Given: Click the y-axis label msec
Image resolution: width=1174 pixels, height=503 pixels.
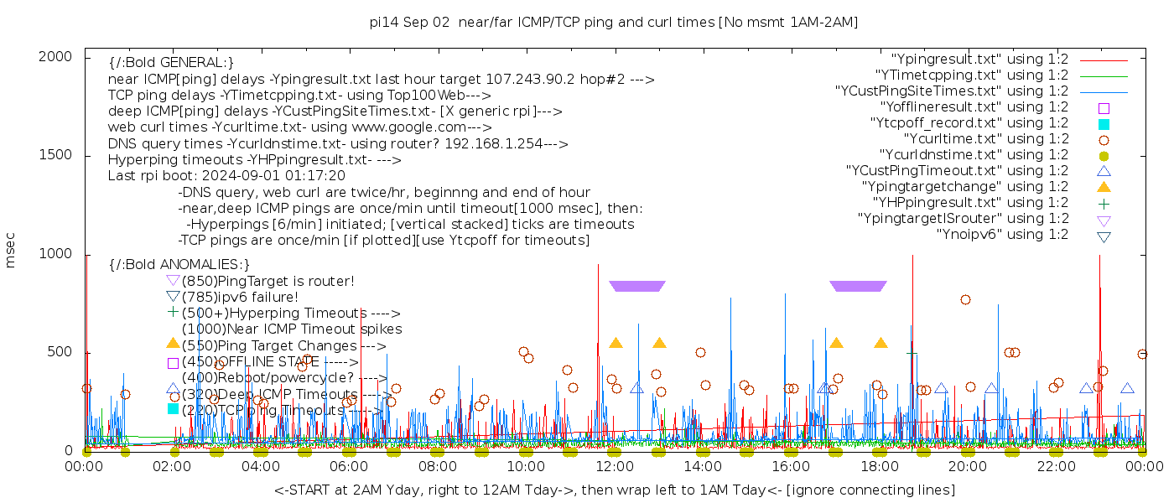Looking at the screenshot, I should [x=11, y=251].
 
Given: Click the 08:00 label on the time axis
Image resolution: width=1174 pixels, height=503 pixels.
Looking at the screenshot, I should [x=437, y=466].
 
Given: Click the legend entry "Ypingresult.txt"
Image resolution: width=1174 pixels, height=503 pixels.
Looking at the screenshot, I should [x=979, y=60].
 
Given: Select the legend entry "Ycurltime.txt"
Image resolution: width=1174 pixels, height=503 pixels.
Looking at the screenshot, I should [x=985, y=139].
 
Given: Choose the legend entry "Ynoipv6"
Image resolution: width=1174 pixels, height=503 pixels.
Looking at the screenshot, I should [x=1002, y=235].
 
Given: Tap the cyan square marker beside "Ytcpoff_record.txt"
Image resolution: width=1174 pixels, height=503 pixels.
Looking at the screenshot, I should [x=1104, y=123].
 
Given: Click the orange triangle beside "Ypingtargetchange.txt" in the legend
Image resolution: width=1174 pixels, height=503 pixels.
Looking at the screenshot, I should [x=1104, y=186].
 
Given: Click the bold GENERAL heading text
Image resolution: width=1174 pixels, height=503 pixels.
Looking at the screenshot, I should [x=171, y=63].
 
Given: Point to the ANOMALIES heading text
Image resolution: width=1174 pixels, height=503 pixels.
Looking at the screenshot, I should [x=179, y=265].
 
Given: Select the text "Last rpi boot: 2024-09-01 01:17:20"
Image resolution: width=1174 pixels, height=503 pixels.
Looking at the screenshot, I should [x=226, y=176].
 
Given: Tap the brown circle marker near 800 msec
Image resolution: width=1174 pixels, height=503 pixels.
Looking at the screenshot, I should [x=965, y=299].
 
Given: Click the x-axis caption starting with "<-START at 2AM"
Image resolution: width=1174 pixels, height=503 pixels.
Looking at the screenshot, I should [x=614, y=490].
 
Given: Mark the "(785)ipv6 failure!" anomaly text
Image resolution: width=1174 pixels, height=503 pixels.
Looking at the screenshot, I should [x=240, y=297].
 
